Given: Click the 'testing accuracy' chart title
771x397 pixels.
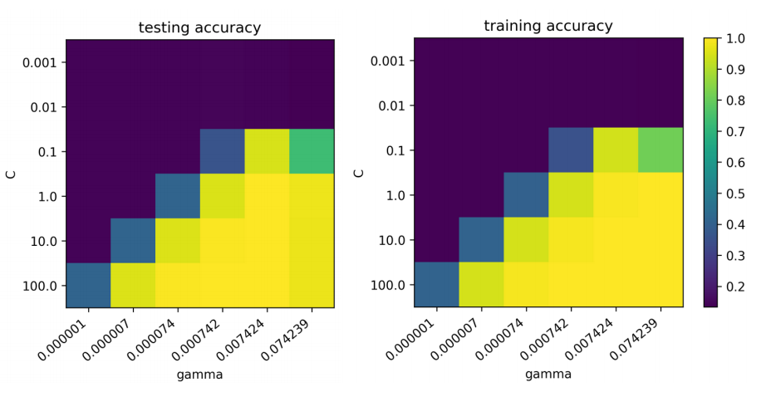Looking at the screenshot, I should coord(199,27).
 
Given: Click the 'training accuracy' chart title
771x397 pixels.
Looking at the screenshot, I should coord(548,26).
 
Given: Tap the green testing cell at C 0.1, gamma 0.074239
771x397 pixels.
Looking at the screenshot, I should coord(312,151).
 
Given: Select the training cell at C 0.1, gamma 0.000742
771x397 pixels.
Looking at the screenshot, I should coord(571,150).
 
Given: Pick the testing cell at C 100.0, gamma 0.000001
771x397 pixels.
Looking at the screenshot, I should coord(88,285).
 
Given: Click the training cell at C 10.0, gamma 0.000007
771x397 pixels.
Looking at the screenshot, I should coord(481,239).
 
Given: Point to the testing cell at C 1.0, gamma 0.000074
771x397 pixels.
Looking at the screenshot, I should coord(178,196).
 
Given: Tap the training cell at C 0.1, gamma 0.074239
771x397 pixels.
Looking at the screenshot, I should coord(661,150).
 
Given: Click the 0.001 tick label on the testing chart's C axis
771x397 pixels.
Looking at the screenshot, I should coord(40,62).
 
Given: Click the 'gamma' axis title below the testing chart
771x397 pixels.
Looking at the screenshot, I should coord(199,375).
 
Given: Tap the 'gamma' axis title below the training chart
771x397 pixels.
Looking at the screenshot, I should coord(548,375).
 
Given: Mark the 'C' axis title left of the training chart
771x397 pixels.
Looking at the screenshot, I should coord(359,173).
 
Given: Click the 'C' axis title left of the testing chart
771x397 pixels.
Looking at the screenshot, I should coord(11,174).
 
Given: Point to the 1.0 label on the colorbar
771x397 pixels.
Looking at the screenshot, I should coord(735,39).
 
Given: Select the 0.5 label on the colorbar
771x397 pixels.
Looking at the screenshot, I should coord(735,194).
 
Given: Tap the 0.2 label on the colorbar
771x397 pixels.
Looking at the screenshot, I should coord(735,287).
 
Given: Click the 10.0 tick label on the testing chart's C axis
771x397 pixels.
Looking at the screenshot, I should coord(42,241).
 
